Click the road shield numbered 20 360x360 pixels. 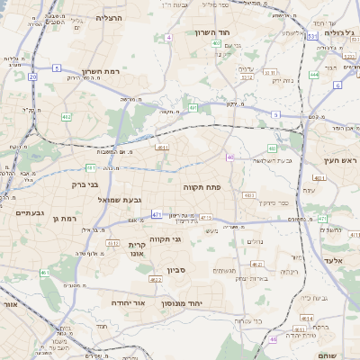[x=33, y=76]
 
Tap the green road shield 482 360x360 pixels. [x=66, y=117]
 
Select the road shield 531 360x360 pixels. [x=310, y=36]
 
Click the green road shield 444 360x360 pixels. [x=314, y=75]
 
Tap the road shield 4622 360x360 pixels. [x=156, y=279]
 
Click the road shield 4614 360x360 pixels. [x=308, y=319]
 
